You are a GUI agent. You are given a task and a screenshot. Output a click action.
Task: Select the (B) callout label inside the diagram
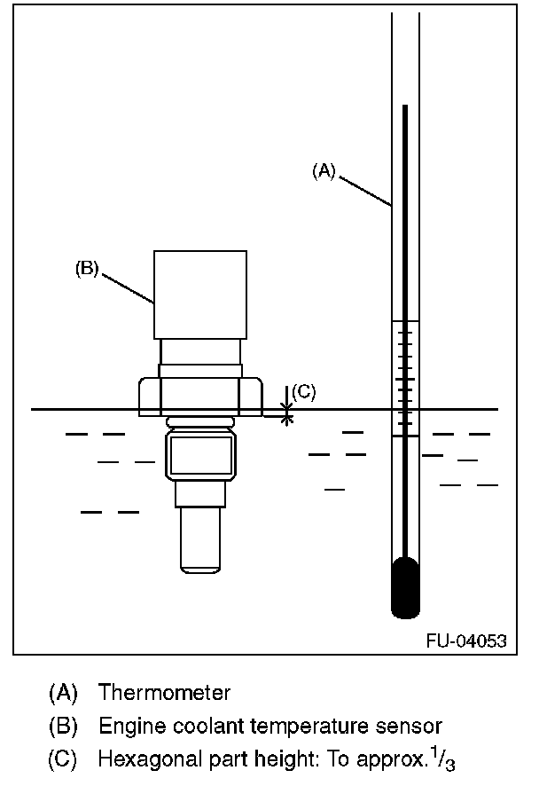(x=86, y=268)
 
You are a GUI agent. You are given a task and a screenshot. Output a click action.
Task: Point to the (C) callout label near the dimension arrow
(x=303, y=391)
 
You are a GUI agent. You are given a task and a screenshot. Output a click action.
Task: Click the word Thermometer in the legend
(x=164, y=692)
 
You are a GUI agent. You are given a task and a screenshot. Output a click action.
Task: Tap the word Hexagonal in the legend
(x=141, y=760)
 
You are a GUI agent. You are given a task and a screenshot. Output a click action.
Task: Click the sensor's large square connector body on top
(x=200, y=295)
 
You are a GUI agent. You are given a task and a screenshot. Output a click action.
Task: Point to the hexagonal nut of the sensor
(x=200, y=397)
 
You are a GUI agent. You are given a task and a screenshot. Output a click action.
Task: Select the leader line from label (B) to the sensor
(x=129, y=289)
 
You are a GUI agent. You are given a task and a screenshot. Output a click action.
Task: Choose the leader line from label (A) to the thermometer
(x=364, y=190)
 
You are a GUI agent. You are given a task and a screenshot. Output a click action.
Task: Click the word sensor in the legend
(x=413, y=727)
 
